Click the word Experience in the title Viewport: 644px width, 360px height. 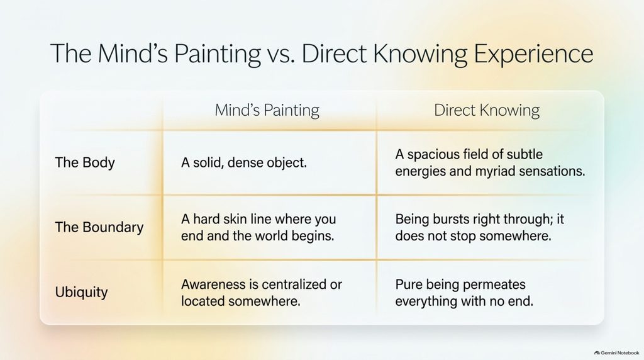(533, 54)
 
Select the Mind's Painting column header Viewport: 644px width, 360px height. (267, 110)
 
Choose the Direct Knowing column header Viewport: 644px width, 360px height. (487, 110)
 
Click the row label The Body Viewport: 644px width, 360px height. (85, 162)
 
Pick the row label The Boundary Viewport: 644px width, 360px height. (99, 227)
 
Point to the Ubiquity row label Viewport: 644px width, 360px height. (81, 292)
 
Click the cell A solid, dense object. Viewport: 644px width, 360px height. (244, 162)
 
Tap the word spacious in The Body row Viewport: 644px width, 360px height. (433, 155)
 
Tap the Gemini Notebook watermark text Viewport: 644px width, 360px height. (619, 353)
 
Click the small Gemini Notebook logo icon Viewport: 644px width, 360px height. (597, 353)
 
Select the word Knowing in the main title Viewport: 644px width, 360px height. (420, 55)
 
